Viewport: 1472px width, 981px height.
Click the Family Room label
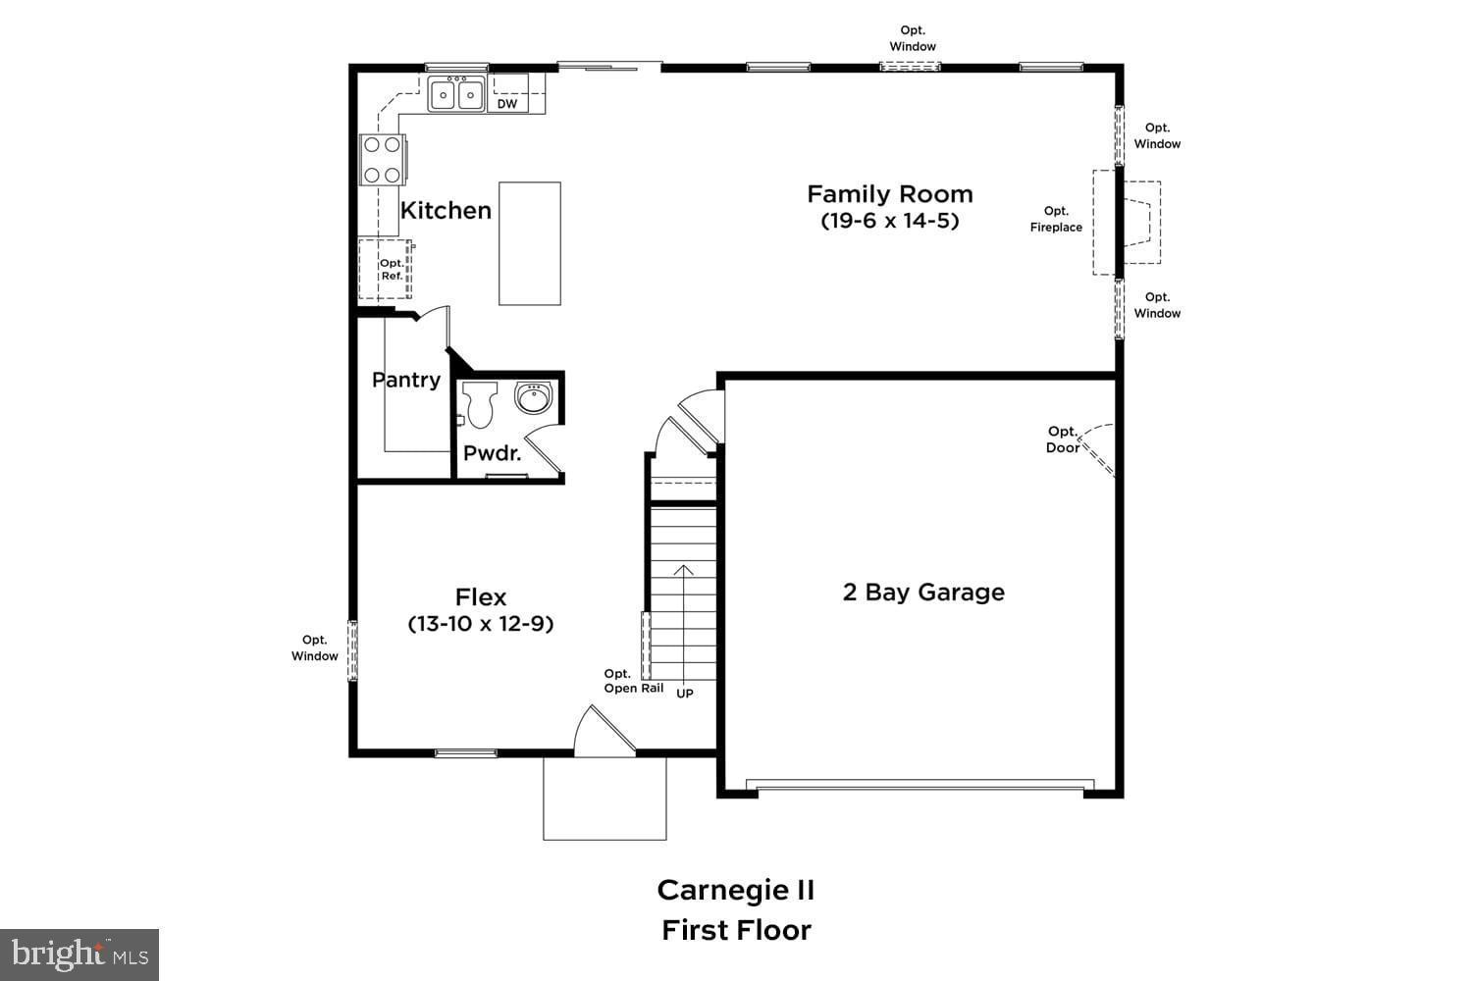tap(889, 194)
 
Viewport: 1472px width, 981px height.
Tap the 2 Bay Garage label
tap(923, 593)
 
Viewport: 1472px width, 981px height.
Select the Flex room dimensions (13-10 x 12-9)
tap(481, 624)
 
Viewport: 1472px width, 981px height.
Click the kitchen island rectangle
tap(530, 243)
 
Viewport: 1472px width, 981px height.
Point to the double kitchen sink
tap(456, 95)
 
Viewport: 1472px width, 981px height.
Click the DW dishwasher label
tap(506, 104)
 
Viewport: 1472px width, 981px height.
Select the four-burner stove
tap(382, 160)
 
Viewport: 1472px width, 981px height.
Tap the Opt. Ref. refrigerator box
tap(386, 270)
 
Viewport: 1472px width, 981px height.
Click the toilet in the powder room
tap(480, 404)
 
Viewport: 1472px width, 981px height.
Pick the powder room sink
tap(534, 398)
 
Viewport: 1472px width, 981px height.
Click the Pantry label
tap(405, 380)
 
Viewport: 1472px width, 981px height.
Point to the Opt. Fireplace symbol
tap(1129, 223)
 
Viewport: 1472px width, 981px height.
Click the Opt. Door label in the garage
tap(1063, 439)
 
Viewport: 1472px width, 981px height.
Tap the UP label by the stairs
tap(685, 694)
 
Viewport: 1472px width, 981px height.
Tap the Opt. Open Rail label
tap(633, 681)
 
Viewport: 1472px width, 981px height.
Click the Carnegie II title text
tap(736, 890)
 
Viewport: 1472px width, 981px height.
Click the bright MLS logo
tap(79, 954)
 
